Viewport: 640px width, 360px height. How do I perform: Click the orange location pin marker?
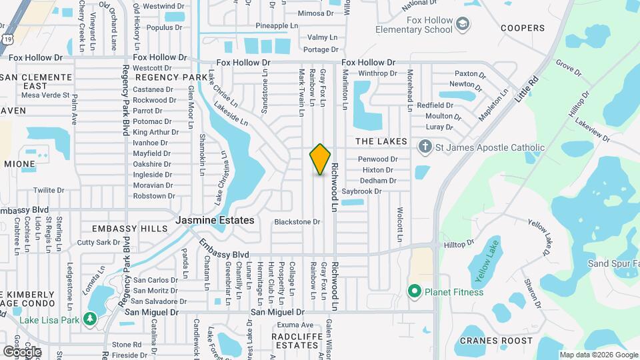[321, 159]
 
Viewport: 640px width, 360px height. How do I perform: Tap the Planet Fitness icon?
[414, 291]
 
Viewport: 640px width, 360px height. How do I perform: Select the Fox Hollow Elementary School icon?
[462, 25]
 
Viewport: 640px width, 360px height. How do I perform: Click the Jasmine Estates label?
[215, 220]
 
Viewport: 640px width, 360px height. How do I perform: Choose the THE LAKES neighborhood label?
[381, 141]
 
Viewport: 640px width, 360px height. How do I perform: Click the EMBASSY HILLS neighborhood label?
[130, 229]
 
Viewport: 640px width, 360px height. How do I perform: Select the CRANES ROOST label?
[492, 341]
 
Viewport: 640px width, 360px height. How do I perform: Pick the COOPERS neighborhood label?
[523, 28]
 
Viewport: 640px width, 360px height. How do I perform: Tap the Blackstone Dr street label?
[297, 221]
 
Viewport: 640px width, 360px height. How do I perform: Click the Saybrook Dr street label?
[361, 191]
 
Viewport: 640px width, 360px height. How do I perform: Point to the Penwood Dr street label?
[377, 159]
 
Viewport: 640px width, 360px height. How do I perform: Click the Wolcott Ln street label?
[400, 224]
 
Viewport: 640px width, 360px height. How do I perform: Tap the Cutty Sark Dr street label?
[98, 243]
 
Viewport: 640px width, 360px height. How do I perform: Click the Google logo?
[21, 351]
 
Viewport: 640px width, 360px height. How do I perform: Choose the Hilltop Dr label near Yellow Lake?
[459, 245]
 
